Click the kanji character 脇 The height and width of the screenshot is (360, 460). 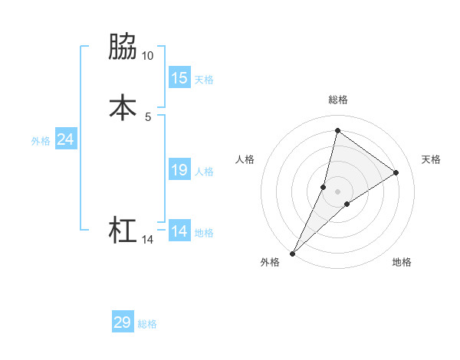123,47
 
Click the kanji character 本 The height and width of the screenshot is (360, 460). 123,107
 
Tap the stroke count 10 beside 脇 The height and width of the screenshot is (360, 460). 147,56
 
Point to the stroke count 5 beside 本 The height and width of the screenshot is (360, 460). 148,116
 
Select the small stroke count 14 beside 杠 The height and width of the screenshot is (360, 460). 147,240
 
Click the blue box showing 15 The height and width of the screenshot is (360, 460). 179,78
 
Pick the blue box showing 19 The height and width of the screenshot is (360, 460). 179,170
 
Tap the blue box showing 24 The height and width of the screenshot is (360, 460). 65,139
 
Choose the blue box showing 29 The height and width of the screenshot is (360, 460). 123,322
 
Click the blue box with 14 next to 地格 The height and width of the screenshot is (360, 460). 179,231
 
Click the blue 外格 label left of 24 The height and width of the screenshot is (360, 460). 41,141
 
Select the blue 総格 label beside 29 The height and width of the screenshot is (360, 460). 147,324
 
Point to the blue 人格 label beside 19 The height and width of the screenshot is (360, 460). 204,172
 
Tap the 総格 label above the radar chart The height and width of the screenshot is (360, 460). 337,100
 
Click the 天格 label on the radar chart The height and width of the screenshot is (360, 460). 431,159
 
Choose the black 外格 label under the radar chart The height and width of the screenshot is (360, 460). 269,262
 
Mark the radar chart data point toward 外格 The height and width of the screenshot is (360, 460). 293,253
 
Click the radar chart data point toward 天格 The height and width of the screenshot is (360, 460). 396,172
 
